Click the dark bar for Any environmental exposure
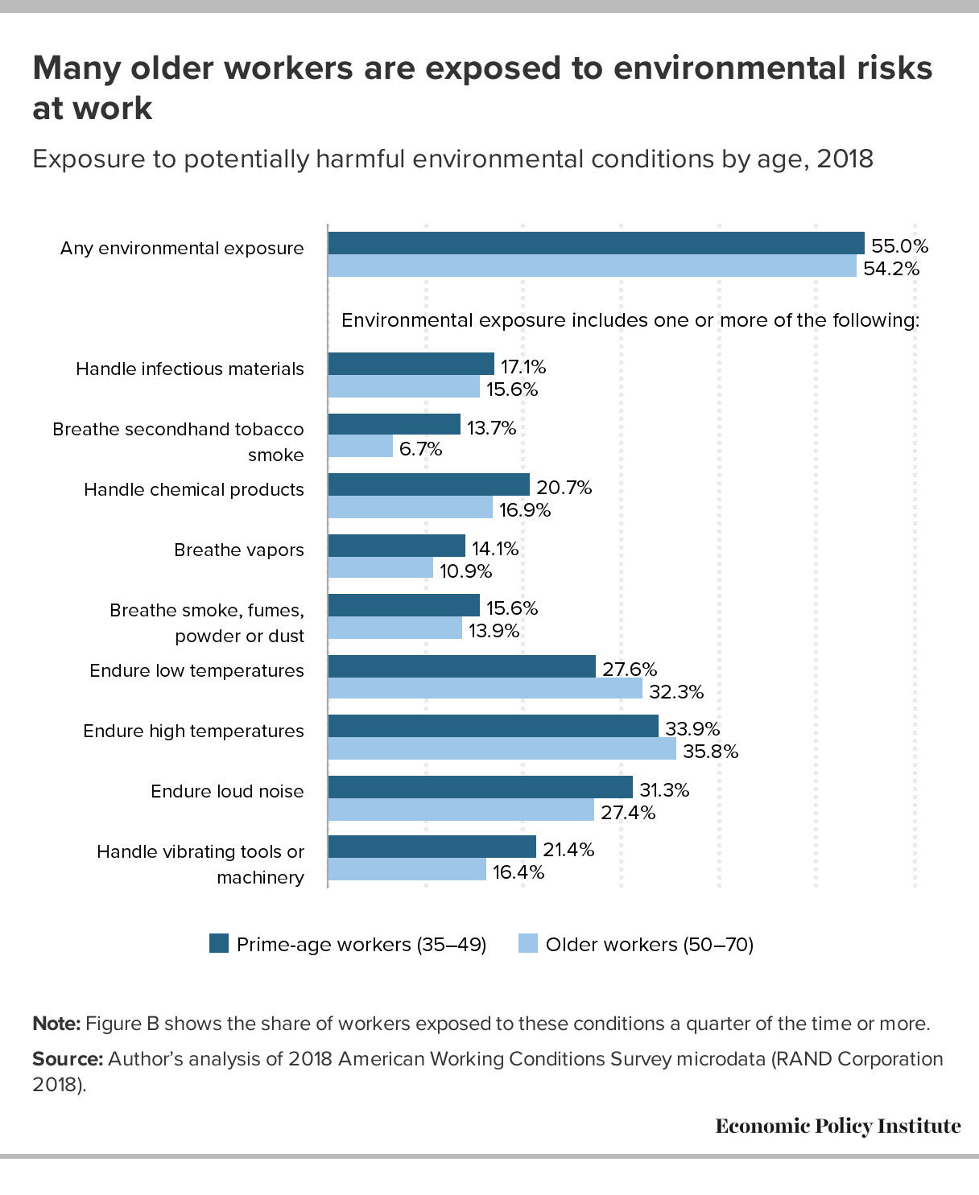[596, 243]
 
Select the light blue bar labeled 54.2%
[592, 266]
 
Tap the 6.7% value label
[420, 449]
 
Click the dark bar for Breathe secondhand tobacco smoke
[394, 424]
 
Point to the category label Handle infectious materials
[190, 369]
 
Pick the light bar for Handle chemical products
[410, 508]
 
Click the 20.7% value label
[564, 487]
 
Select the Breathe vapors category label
[239, 550]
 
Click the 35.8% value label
[710, 751]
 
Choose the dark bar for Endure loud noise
[480, 787]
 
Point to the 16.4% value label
[518, 872]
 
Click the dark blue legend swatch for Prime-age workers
[219, 944]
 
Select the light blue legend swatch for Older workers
[528, 944]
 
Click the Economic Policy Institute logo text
[837, 1126]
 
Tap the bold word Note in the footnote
[56, 1024]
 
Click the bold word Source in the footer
[67, 1058]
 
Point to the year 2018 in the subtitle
[845, 159]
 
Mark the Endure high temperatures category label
[193, 731]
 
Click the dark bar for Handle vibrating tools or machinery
[432, 847]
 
